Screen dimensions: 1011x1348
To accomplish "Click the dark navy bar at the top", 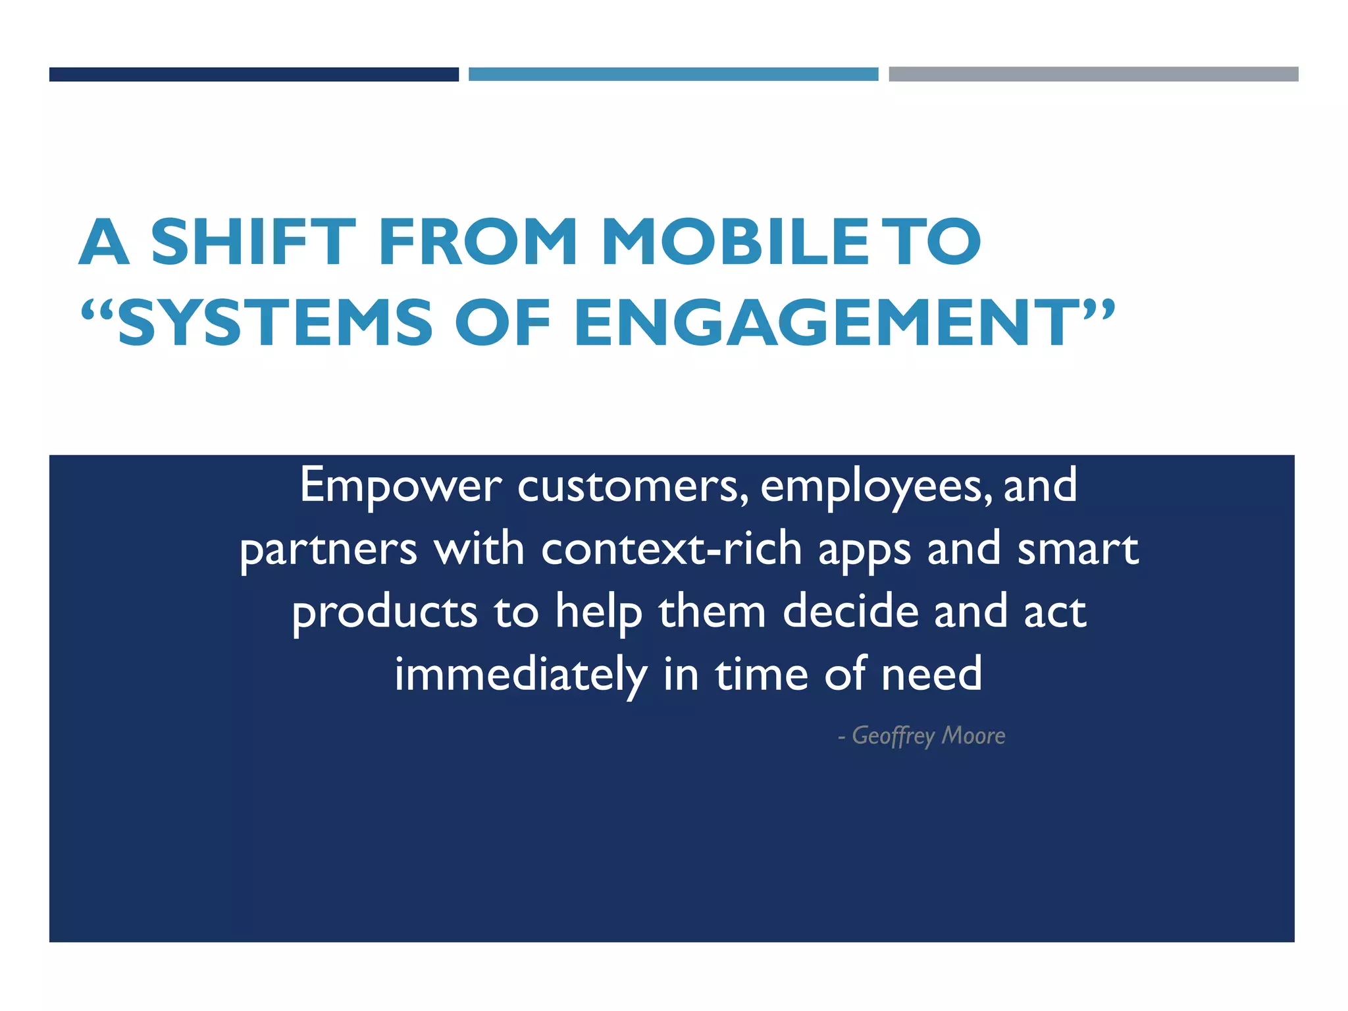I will coord(253,74).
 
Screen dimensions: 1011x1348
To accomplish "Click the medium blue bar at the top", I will coord(673,74).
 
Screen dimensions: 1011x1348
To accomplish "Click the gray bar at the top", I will coord(1093,74).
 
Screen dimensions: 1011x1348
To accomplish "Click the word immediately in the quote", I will coord(521,675).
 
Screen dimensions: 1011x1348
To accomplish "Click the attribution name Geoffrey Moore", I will coord(927,736).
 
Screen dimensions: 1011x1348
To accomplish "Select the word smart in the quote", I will coord(1077,549).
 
